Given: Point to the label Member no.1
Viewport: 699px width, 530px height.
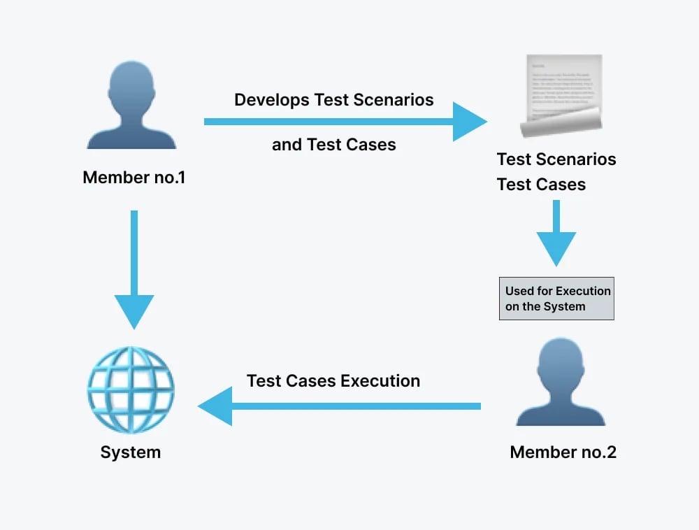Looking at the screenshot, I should [x=134, y=178].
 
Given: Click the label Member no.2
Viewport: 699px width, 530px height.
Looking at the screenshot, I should [x=563, y=452].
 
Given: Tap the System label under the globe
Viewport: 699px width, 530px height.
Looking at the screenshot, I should [x=131, y=452].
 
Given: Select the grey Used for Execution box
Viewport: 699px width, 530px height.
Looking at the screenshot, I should [x=556, y=299].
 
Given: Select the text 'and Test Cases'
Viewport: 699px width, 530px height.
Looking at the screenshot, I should [x=333, y=145].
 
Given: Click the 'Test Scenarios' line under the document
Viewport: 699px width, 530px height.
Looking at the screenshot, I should [x=556, y=159].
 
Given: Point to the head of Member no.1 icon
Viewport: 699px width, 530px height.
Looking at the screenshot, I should [x=131, y=84].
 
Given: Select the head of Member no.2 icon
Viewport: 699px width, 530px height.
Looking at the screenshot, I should [x=561, y=361].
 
